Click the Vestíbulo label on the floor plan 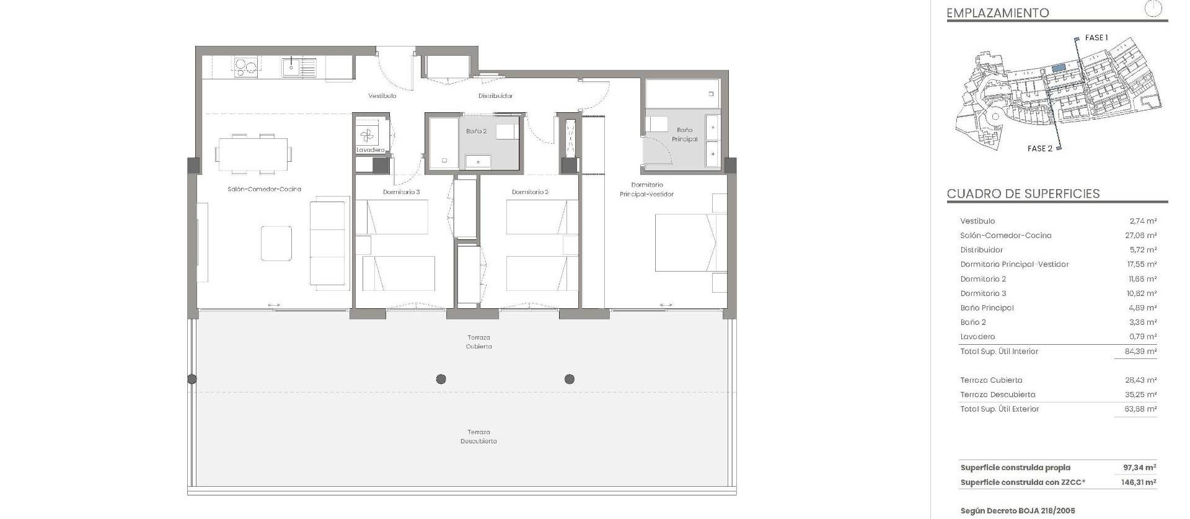382,96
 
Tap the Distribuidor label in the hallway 495,96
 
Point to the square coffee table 276,243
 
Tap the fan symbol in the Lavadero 366,135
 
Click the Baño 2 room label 476,131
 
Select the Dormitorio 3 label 401,192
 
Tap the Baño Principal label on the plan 684,135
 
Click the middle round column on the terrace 441,379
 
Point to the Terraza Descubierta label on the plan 478,437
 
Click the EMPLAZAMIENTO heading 998,13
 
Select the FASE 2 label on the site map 1039,149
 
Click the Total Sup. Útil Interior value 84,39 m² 1141,352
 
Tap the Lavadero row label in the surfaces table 977,337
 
